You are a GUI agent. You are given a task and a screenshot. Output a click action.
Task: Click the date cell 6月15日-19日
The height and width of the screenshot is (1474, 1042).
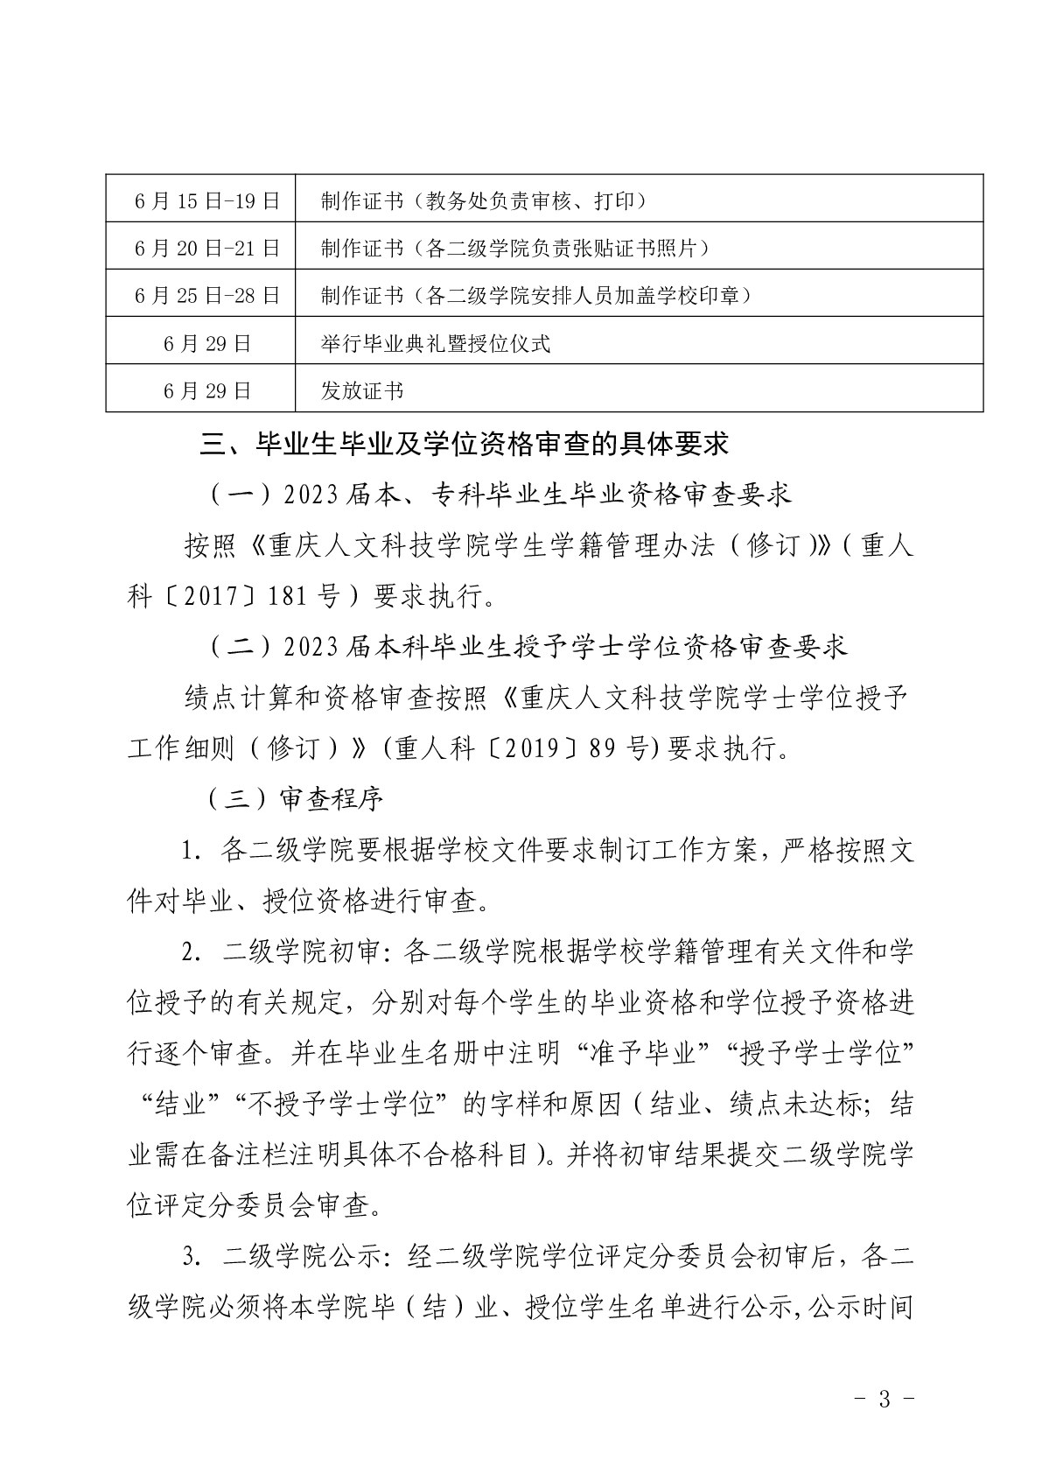(x=206, y=201)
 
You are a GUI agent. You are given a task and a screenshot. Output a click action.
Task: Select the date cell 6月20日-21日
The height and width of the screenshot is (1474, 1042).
(x=206, y=249)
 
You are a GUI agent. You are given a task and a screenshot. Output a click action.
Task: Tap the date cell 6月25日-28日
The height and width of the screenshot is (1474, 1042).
(x=206, y=296)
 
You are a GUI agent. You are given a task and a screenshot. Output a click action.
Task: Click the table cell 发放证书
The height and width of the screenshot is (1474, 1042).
(x=362, y=390)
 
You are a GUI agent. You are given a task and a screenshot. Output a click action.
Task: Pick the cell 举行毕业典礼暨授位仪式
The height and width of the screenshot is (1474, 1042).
(x=436, y=343)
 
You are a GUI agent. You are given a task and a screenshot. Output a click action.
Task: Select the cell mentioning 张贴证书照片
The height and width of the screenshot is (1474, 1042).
(x=514, y=249)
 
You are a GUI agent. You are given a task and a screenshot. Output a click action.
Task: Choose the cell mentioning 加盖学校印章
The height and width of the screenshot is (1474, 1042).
(x=536, y=296)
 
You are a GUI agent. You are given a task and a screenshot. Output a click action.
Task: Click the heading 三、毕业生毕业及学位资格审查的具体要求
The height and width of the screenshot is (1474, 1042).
(x=465, y=445)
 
